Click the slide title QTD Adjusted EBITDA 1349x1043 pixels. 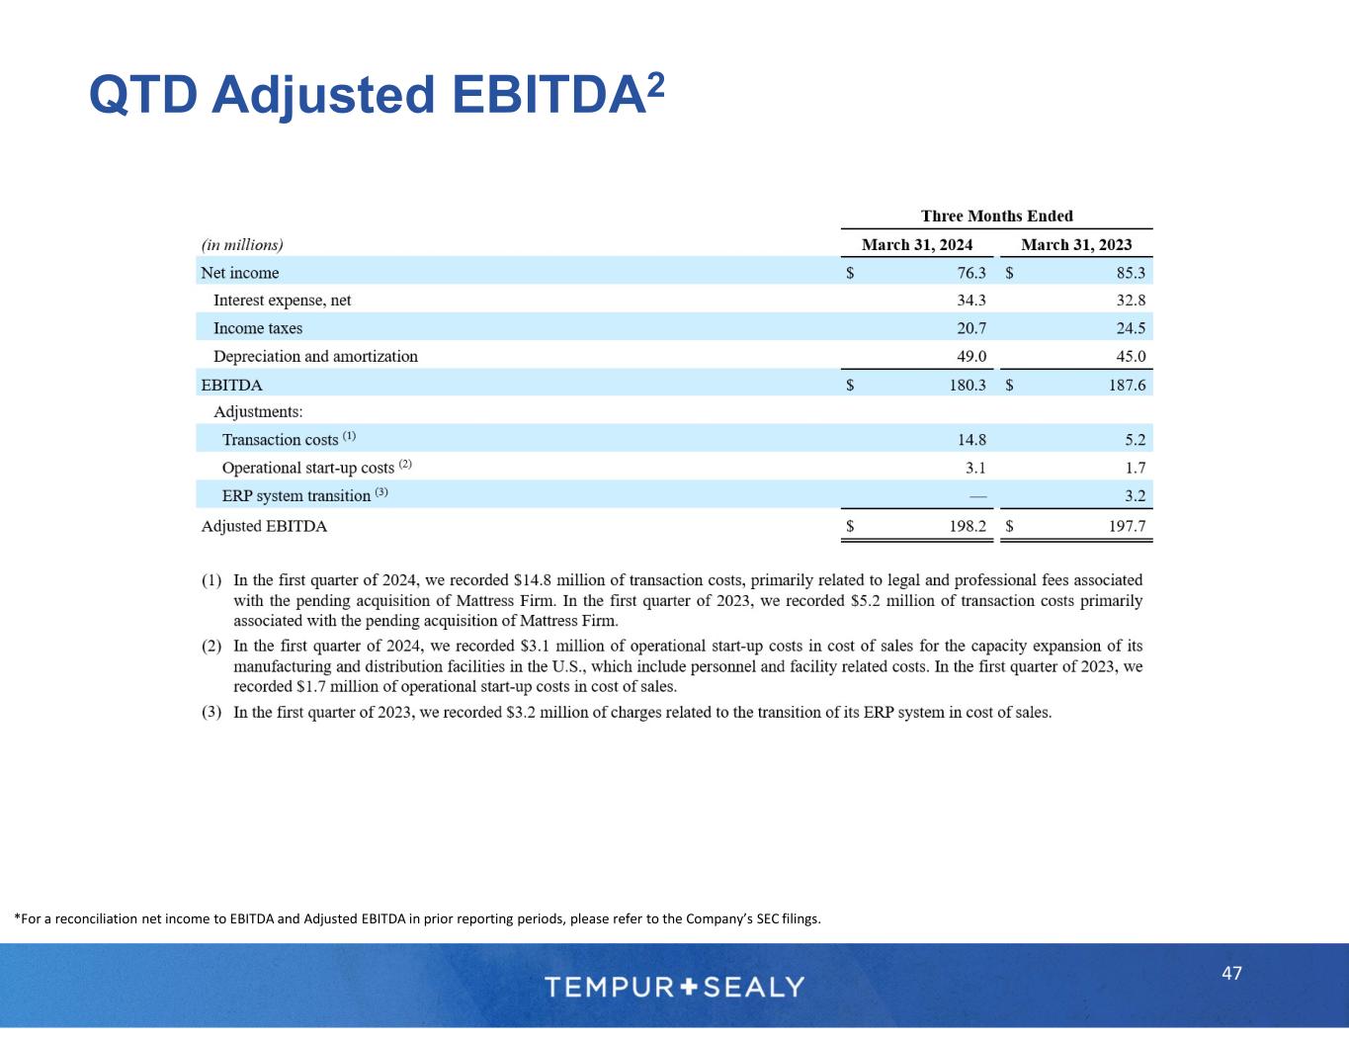click(x=376, y=95)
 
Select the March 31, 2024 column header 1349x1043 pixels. click(x=917, y=244)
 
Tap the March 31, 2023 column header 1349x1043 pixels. click(x=1076, y=244)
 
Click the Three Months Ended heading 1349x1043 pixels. click(x=996, y=216)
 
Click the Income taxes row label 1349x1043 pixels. click(x=258, y=328)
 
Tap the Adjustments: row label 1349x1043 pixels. click(x=258, y=411)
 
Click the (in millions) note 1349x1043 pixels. click(x=242, y=245)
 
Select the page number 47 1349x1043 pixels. click(x=1231, y=974)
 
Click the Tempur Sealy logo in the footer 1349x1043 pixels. click(x=674, y=987)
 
